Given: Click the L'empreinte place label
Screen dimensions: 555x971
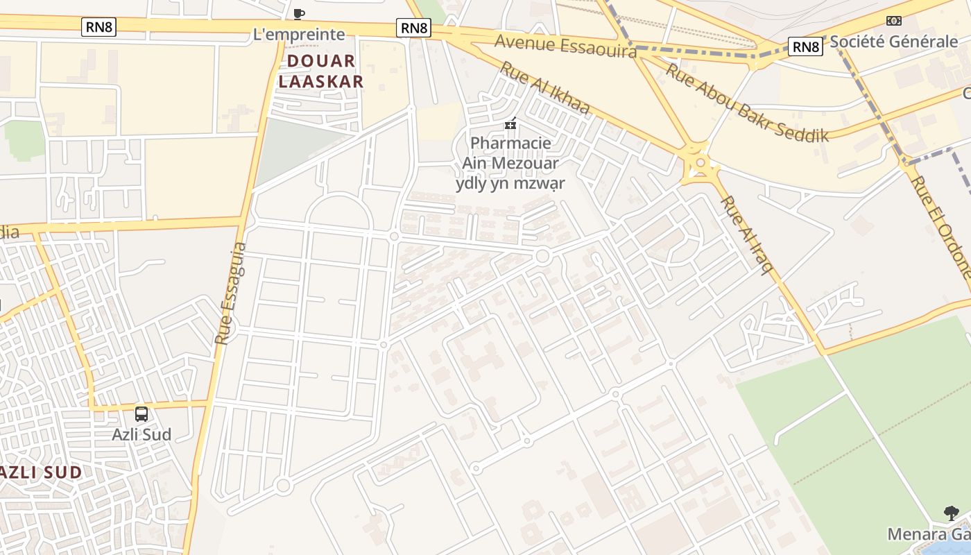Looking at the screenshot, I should pos(299,34).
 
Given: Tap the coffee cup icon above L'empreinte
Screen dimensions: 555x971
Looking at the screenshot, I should pos(299,14).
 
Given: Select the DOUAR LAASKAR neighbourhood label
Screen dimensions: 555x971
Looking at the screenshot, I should pos(320,71).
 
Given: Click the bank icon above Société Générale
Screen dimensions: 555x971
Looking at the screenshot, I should pos(894,21).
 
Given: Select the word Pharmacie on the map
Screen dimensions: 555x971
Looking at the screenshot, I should pos(510,144).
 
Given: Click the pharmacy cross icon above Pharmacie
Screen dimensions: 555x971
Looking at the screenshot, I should pos(510,124).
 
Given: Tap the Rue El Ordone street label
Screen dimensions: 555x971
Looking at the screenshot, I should pos(940,225).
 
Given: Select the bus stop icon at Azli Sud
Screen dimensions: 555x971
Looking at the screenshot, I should pos(141,414).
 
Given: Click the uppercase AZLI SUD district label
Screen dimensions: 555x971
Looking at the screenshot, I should pos(40,472).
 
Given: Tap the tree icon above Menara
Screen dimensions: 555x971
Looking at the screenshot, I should pos(952,513).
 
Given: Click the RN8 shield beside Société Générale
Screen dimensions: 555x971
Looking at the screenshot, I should pos(805,46).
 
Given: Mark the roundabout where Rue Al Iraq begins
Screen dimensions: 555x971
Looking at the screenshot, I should pos(700,164).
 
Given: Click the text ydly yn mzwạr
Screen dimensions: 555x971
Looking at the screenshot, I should pos(510,183).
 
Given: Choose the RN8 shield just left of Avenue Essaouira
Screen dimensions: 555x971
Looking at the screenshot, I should pos(414,28).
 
